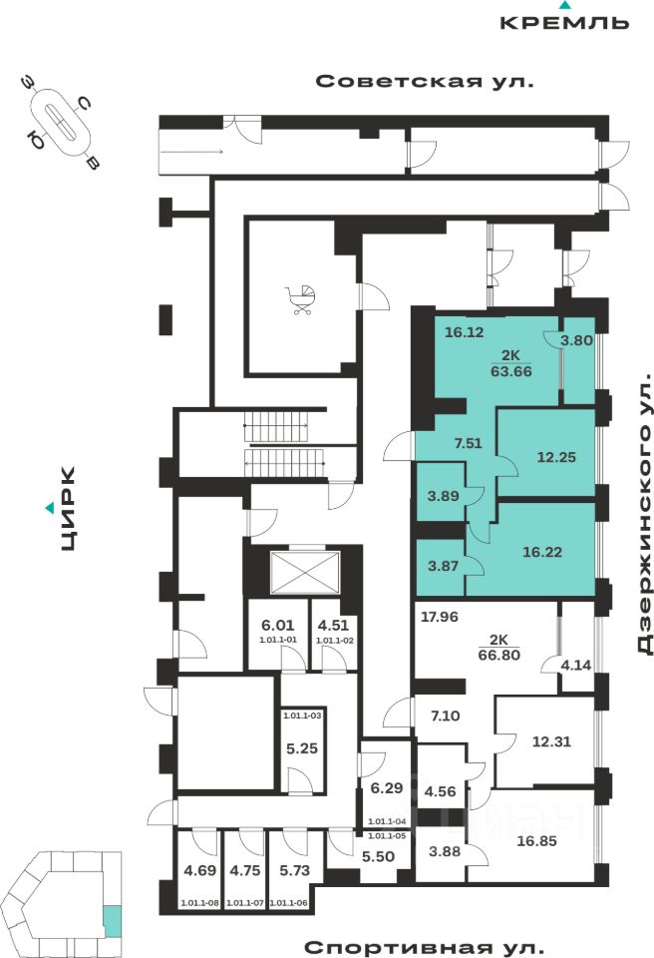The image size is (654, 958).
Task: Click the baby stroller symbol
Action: coord(301,298)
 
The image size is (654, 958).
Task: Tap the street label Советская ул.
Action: coord(425,81)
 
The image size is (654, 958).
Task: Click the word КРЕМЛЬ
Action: coord(564,22)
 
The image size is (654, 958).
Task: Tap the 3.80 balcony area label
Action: coord(576,340)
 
